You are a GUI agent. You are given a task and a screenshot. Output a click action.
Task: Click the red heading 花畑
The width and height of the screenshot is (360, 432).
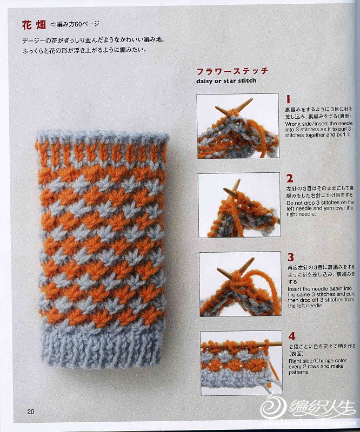point(34,25)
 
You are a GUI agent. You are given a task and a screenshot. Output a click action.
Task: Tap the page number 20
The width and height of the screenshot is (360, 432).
point(31,411)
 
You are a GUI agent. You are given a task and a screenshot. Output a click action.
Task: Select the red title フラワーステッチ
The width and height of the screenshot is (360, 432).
point(232,71)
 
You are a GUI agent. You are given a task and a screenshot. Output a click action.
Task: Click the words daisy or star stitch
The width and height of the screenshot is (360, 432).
point(226,81)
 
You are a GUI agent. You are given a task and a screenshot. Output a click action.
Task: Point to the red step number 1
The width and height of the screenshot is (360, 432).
point(288,99)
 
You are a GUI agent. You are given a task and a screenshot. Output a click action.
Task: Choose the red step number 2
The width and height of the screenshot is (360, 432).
point(290,178)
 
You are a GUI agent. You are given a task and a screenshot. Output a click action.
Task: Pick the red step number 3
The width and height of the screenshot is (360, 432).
point(291,258)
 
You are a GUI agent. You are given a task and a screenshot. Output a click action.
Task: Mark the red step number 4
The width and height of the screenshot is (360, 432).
point(292,336)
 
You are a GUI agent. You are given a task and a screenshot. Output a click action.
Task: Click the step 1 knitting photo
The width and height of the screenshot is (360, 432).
point(238,126)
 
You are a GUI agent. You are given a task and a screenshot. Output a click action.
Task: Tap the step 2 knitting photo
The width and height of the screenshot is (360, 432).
point(239,205)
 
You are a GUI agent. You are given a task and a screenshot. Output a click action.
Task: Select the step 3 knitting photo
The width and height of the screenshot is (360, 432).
point(241,284)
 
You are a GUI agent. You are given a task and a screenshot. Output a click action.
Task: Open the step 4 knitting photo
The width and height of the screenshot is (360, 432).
point(242,363)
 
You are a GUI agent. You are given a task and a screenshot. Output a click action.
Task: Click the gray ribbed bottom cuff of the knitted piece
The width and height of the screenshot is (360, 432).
point(101,346)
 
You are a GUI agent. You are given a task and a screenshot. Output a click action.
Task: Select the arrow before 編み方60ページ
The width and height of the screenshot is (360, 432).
point(53,25)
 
